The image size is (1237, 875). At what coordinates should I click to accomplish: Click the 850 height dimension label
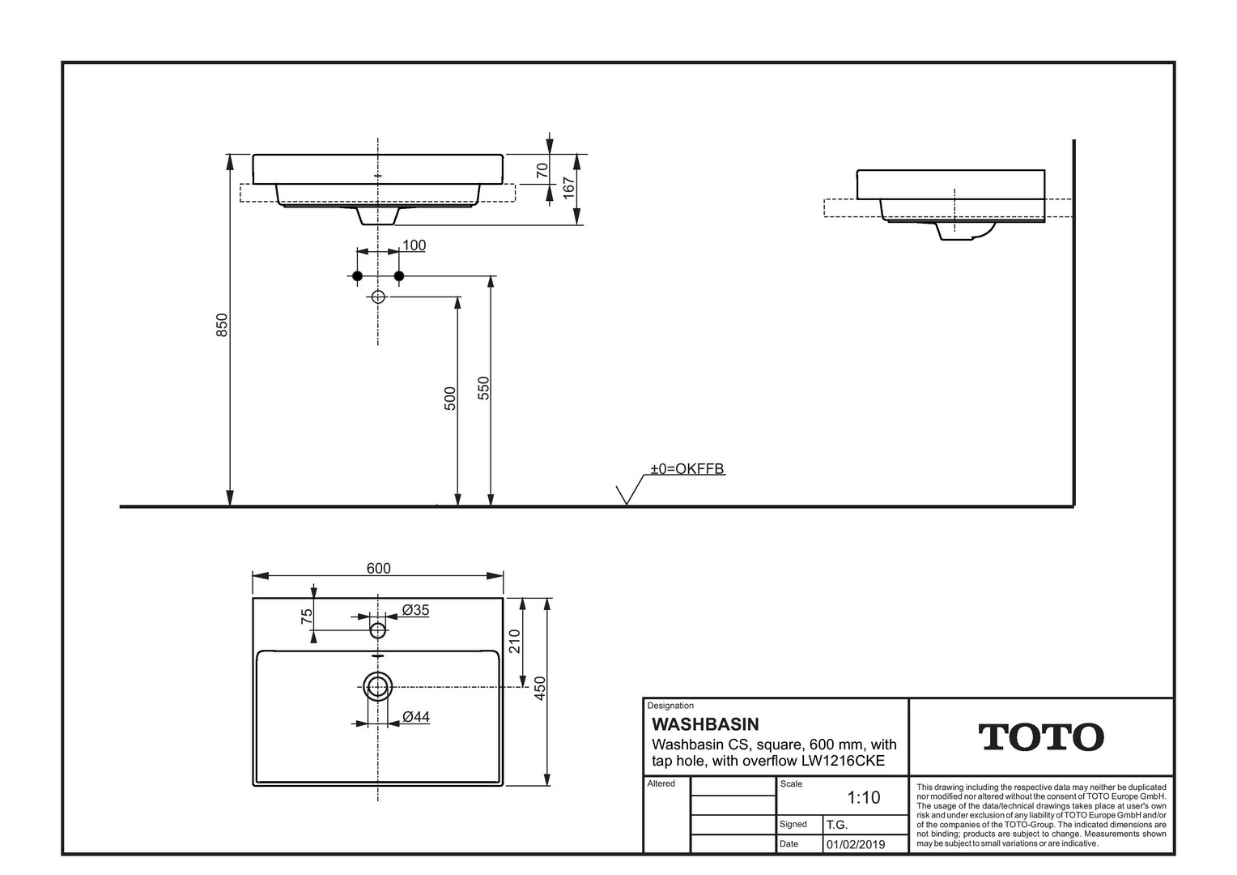(x=222, y=325)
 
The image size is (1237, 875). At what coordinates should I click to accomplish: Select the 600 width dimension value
(x=378, y=568)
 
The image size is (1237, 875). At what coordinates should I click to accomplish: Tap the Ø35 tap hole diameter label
(x=415, y=610)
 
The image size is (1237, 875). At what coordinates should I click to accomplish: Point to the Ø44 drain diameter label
(x=416, y=717)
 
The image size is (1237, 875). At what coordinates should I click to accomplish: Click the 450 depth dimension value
(x=540, y=688)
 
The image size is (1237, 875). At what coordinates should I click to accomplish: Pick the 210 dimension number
(x=515, y=641)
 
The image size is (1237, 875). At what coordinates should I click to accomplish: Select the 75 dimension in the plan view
(x=307, y=617)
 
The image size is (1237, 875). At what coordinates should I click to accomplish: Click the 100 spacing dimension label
(x=414, y=245)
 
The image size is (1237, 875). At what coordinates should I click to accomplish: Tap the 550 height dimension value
(x=483, y=388)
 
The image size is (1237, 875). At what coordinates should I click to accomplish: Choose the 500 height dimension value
(x=450, y=399)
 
